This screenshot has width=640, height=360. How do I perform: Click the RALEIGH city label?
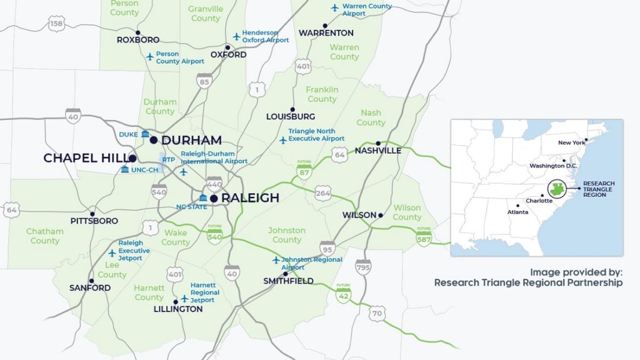(x=251, y=198)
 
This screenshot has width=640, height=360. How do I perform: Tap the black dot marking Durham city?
(x=154, y=140)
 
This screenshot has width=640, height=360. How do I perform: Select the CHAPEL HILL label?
(x=85, y=158)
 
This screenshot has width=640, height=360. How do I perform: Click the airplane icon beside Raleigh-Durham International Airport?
(x=183, y=171)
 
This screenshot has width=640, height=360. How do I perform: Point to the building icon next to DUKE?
(x=145, y=134)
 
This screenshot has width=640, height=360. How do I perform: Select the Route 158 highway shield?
(x=57, y=24)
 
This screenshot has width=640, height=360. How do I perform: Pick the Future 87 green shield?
(x=304, y=171)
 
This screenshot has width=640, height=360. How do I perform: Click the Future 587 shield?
(x=424, y=236)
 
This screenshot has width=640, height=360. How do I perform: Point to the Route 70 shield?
(x=376, y=314)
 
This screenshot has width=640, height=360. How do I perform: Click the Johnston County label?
(x=287, y=235)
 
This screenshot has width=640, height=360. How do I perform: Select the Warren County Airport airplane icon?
(x=335, y=8)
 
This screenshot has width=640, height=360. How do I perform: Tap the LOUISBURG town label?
(x=291, y=117)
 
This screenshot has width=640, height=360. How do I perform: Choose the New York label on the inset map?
(x=571, y=142)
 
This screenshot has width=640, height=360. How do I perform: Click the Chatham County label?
(x=45, y=236)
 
